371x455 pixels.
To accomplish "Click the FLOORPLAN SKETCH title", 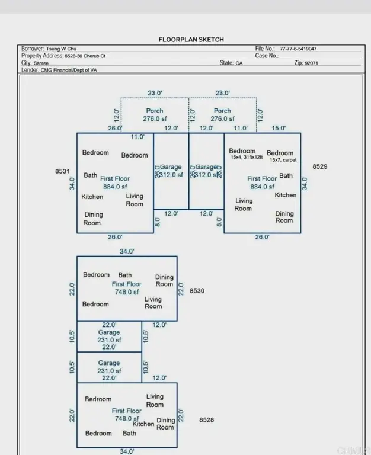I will (x=191, y=40).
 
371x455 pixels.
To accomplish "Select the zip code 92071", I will (x=311, y=63).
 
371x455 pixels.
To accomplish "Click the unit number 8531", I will (x=63, y=171).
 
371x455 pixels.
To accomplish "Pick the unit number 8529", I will (x=320, y=167).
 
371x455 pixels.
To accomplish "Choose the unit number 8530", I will (x=197, y=291).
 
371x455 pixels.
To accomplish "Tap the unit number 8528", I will (x=207, y=420).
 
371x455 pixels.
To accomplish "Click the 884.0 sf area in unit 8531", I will (x=115, y=187).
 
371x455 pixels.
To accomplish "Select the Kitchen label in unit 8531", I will (x=92, y=197).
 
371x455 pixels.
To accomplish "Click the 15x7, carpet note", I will (x=283, y=160).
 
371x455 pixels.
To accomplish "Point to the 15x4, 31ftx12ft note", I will (x=244, y=158).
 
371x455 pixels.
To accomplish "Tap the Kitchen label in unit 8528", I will (x=143, y=424).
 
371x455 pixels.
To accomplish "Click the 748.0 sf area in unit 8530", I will (x=127, y=292).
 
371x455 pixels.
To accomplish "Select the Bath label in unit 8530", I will (x=125, y=275).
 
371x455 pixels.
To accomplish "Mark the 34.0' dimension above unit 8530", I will (x=127, y=251).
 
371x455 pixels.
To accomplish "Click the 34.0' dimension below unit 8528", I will (x=127, y=451).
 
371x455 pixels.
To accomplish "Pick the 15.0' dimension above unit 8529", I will (x=279, y=128).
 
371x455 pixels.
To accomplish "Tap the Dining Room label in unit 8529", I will (x=284, y=217).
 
